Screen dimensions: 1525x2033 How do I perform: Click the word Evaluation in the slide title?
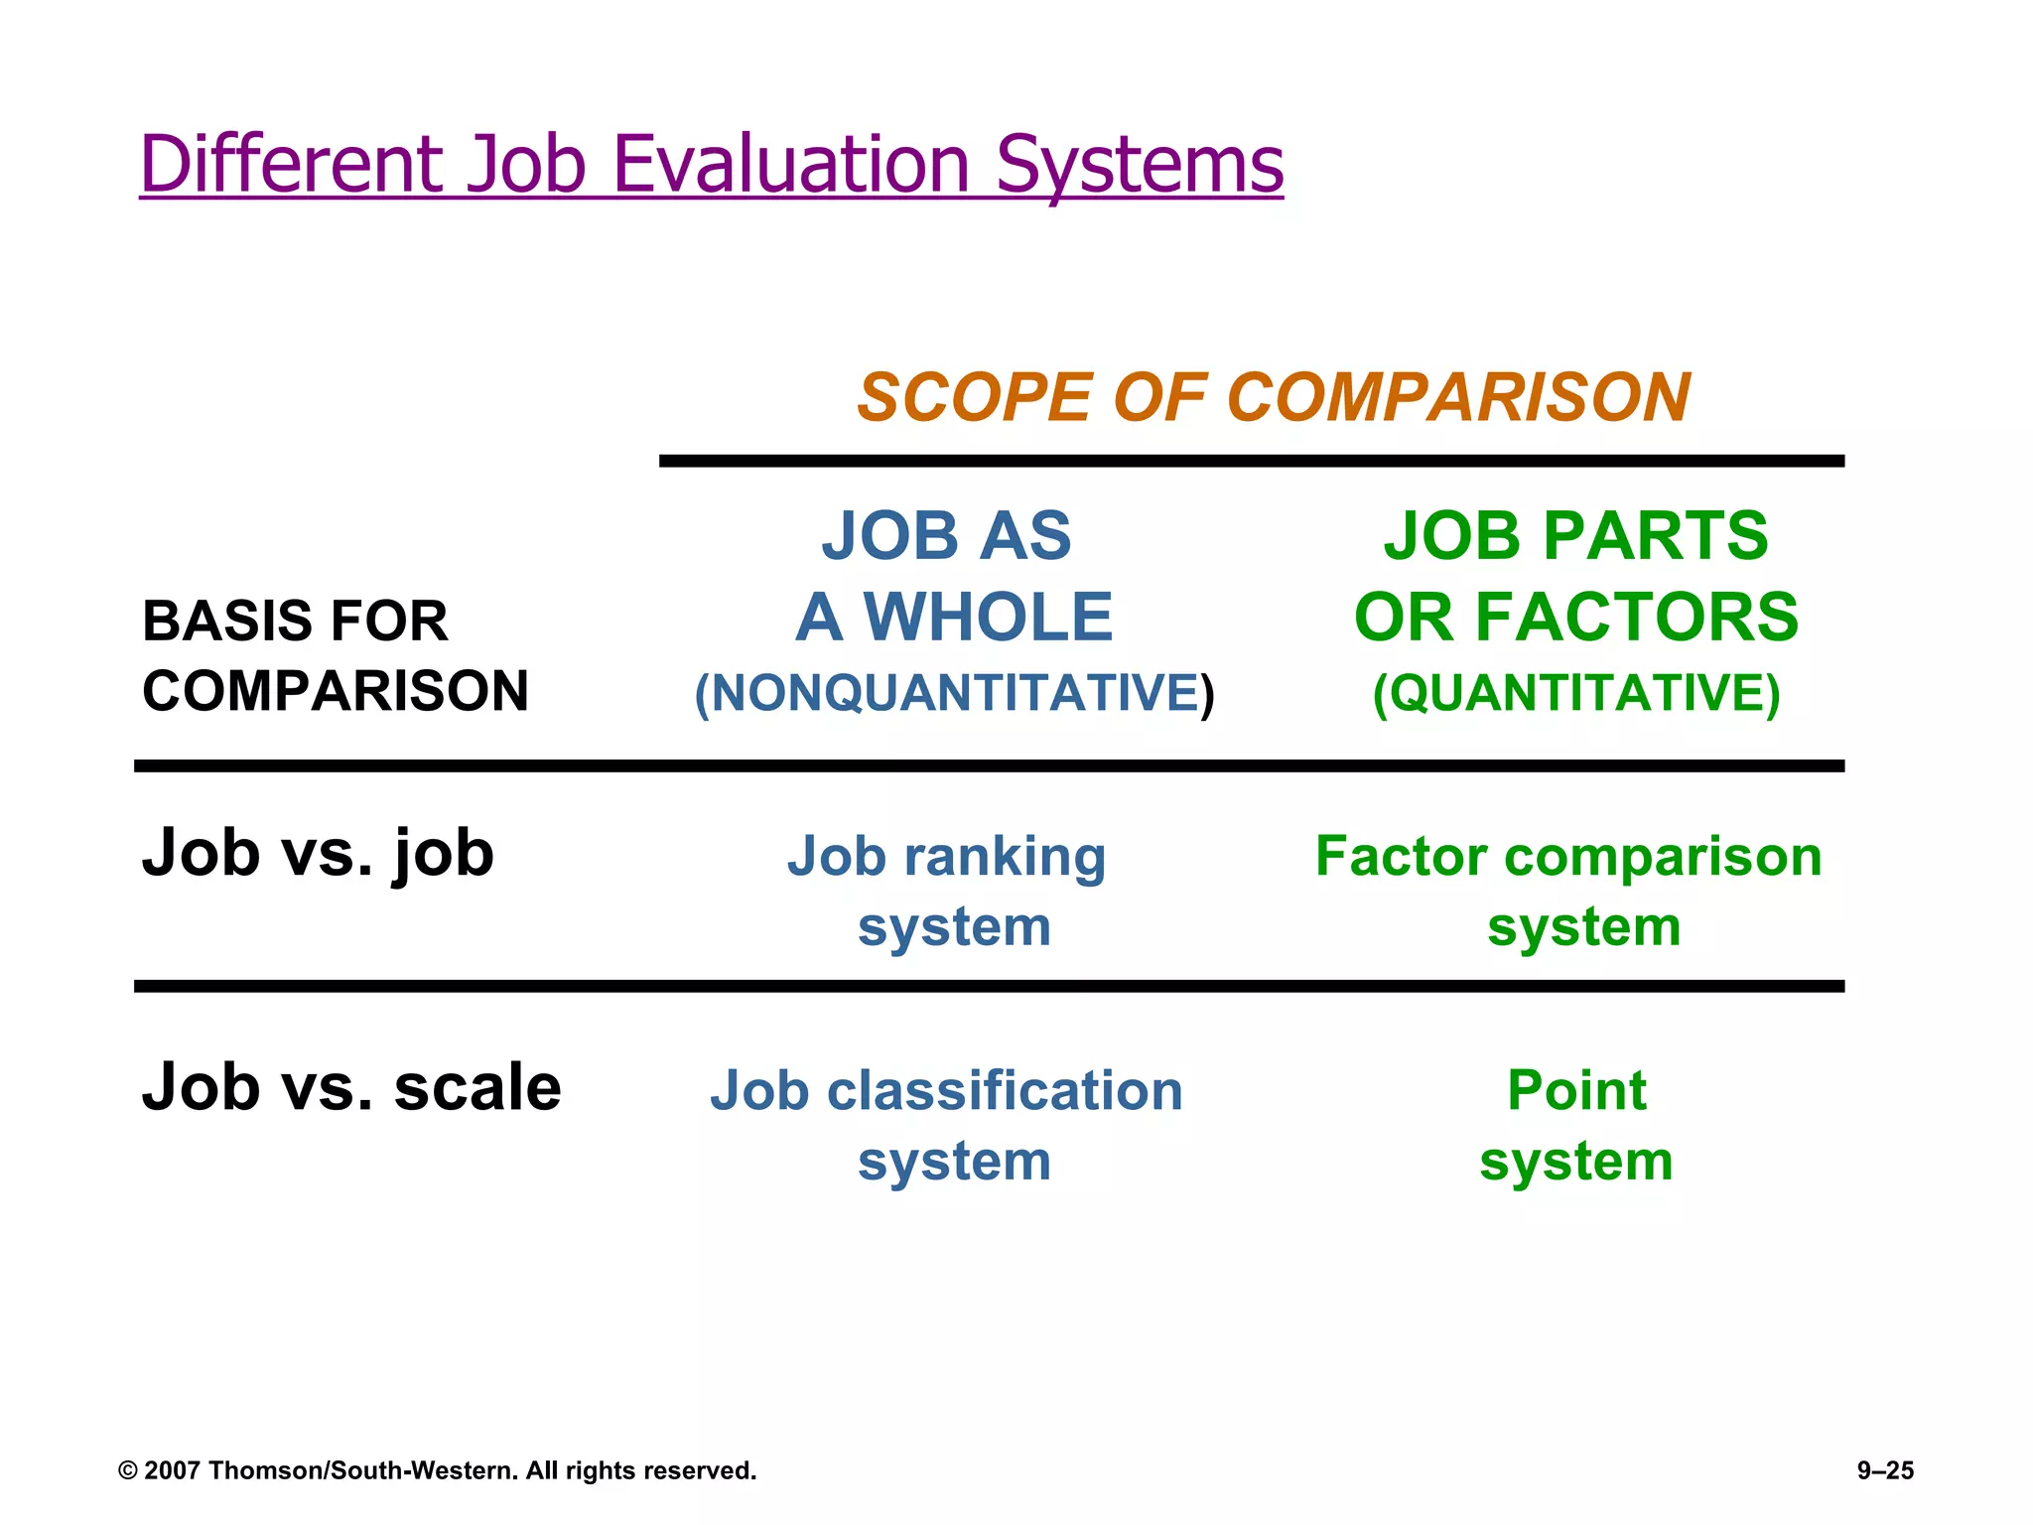click(790, 164)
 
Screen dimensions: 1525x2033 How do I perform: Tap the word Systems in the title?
click(1139, 164)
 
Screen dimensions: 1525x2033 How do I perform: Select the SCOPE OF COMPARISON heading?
click(1273, 398)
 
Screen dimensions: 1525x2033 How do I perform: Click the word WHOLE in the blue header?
click(988, 618)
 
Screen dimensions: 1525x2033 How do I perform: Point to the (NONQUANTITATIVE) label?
click(953, 693)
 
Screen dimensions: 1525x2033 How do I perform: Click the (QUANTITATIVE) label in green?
click(1575, 693)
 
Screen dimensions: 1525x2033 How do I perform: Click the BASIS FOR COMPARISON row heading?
click(335, 655)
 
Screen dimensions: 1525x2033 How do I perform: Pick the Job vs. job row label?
click(318, 853)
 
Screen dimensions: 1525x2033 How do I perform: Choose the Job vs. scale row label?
click(351, 1087)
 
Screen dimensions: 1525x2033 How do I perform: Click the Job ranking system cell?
click(948, 891)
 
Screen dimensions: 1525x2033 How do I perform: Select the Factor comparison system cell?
click(1568, 891)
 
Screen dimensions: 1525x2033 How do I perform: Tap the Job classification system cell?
click(948, 1125)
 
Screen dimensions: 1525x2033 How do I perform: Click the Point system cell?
click(1575, 1125)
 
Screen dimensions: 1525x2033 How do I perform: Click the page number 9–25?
click(1884, 1470)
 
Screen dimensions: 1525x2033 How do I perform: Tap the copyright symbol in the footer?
click(127, 1470)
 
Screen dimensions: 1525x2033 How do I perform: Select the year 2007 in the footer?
click(173, 1470)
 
